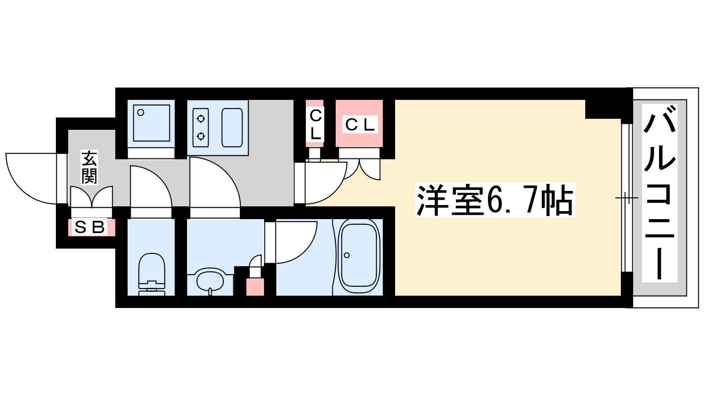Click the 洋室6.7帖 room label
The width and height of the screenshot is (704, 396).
(x=495, y=200)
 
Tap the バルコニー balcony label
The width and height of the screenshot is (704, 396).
(x=659, y=193)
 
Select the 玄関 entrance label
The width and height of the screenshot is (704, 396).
(x=89, y=167)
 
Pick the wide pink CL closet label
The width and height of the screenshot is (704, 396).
(x=359, y=125)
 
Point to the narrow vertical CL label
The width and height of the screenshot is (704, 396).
(x=315, y=125)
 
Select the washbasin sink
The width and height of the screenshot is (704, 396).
(x=210, y=280)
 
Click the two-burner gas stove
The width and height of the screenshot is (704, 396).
(x=201, y=127)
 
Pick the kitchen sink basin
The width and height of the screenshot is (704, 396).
(x=232, y=127)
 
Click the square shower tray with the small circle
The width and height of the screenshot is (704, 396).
(x=151, y=123)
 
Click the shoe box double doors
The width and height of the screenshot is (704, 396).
(x=92, y=197)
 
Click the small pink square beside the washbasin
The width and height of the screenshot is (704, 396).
(x=255, y=286)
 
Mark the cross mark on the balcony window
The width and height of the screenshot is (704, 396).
(x=627, y=198)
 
